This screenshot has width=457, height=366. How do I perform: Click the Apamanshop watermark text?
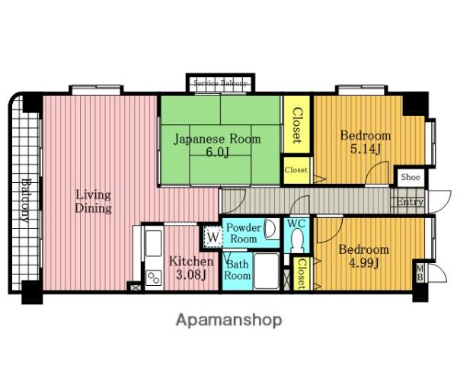[x=229, y=320]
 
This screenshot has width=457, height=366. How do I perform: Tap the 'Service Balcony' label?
[x=220, y=83]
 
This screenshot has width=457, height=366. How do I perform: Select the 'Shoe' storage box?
[x=411, y=177]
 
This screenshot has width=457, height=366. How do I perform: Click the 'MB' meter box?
[x=420, y=273]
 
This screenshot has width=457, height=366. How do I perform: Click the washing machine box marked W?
[x=213, y=237]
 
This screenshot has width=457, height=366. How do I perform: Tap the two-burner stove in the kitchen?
[x=154, y=278]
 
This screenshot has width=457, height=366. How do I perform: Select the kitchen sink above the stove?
[x=153, y=243]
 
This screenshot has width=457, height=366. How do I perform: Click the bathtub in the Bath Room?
[x=267, y=271]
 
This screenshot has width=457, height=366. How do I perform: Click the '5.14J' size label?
[x=366, y=149]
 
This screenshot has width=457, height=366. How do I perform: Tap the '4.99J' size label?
[x=364, y=263]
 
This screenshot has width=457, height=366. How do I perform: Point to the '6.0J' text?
[x=217, y=152]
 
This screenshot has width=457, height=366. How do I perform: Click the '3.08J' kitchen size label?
[x=191, y=274]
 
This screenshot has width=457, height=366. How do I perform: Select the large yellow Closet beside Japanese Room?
[x=297, y=124]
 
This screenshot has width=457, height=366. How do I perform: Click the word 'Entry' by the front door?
[x=410, y=202]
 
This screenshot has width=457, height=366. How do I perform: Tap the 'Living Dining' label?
[x=93, y=201]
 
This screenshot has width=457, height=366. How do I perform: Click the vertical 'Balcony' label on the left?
[x=26, y=201]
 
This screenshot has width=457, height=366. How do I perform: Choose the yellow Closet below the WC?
[x=301, y=274]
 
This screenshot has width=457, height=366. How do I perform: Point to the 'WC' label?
[x=296, y=224]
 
